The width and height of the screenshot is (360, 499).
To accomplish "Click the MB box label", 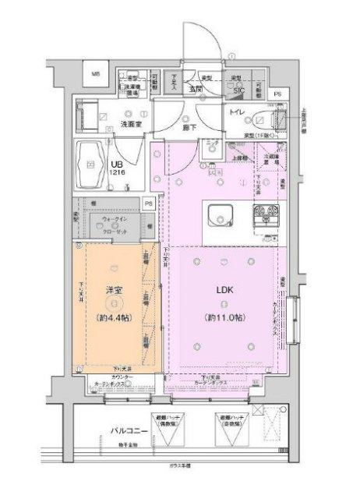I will coord(96,74).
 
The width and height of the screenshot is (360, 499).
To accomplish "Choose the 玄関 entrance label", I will coord(194,90).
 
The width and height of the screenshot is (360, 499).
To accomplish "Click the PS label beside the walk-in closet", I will coord(149,203).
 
